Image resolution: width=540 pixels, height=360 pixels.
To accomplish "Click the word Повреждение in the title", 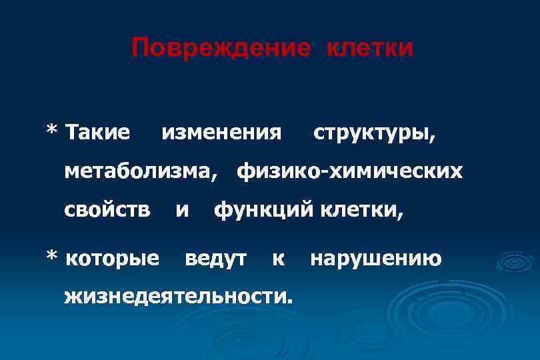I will tap(221, 49).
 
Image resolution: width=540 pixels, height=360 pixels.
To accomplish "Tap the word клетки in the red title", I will tap(370, 49).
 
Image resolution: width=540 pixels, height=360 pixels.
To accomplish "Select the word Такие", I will tap(99, 132).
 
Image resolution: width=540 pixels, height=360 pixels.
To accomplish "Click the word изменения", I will tap(221, 132).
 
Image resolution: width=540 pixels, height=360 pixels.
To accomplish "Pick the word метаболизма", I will tap(140, 171).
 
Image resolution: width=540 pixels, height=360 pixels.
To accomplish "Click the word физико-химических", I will tap(349, 171).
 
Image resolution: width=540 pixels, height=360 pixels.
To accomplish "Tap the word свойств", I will tap(107, 211).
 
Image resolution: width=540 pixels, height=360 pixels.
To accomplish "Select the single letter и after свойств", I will tap(181, 211).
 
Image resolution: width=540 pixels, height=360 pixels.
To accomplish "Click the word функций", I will tap(263, 211).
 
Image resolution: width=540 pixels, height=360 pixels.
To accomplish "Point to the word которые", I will tap(114, 257).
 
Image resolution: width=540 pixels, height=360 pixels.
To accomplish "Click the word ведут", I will tap(215, 257).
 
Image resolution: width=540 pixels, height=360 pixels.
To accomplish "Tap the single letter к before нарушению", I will tap(278, 258).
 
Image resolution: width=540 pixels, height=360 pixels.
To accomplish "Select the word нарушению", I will tap(375, 257).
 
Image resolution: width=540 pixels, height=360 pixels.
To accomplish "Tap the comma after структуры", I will tap(435, 138).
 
